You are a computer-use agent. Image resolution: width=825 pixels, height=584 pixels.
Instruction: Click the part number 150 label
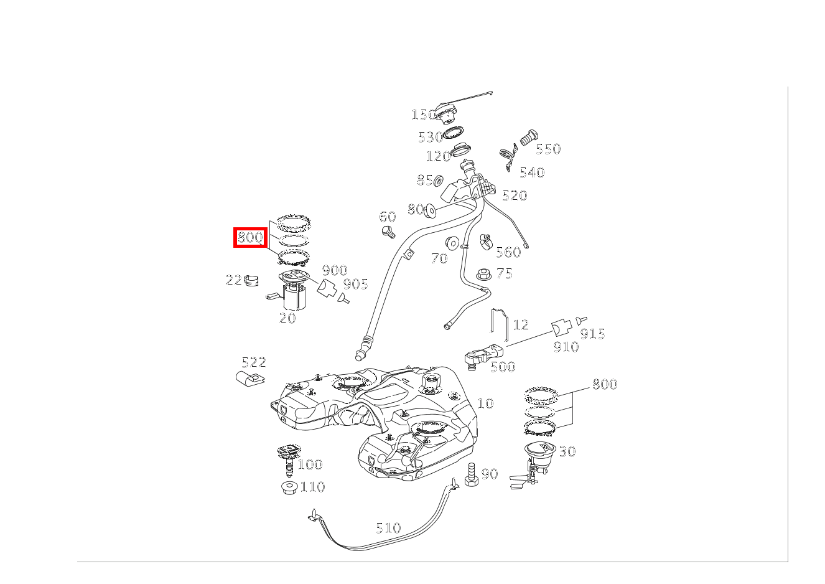click(423, 115)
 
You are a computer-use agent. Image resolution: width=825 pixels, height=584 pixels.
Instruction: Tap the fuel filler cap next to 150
click(445, 115)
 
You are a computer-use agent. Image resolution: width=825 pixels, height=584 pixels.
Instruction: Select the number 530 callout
click(430, 137)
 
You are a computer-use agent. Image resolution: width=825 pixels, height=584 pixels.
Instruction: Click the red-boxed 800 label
click(250, 237)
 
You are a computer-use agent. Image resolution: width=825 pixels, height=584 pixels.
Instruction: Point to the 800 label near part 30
click(604, 384)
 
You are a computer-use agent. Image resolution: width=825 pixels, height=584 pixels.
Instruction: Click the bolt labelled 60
click(388, 233)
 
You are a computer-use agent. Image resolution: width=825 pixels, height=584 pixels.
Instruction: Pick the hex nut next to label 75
click(483, 274)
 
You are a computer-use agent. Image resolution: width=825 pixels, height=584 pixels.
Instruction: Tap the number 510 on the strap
click(388, 528)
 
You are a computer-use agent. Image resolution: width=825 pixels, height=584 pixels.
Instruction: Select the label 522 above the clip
click(254, 362)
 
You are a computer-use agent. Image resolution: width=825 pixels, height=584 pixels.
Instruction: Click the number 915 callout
click(592, 334)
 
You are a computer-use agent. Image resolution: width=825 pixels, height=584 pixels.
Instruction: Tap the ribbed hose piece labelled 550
click(528, 138)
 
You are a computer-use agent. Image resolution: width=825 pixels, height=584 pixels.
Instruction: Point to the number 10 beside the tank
click(485, 403)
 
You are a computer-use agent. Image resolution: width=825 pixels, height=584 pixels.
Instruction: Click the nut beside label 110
click(289, 487)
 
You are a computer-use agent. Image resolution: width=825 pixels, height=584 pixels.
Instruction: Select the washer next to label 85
click(438, 181)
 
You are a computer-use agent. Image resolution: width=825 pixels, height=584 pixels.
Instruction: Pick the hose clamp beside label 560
click(486, 240)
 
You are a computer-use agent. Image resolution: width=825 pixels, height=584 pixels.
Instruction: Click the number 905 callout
click(356, 284)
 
